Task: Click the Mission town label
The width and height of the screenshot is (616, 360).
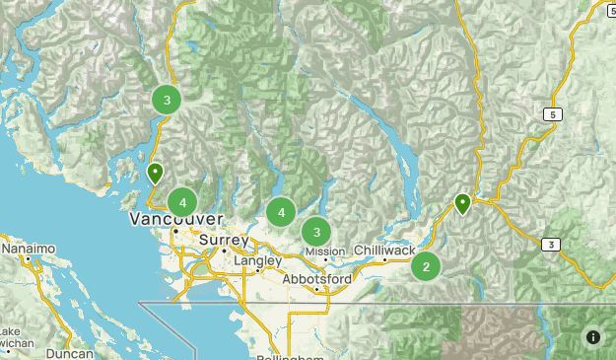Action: coord(325,252)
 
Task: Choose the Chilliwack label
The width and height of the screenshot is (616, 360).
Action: coord(384,252)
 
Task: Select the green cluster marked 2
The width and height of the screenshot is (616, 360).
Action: coord(426,266)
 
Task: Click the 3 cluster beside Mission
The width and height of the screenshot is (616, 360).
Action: coord(316,233)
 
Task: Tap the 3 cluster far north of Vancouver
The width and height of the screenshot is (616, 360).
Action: coord(167,100)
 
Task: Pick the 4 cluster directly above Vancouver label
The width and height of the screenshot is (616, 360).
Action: coord(182,202)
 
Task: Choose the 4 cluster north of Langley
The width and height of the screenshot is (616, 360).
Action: coord(281,211)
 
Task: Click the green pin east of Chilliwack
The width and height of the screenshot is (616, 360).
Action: coord(462,204)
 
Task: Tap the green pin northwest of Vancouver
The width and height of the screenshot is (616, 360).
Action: coord(155,174)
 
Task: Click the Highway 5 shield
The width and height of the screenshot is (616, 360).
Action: coord(555,115)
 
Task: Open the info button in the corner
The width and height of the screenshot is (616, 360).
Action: coord(592,336)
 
